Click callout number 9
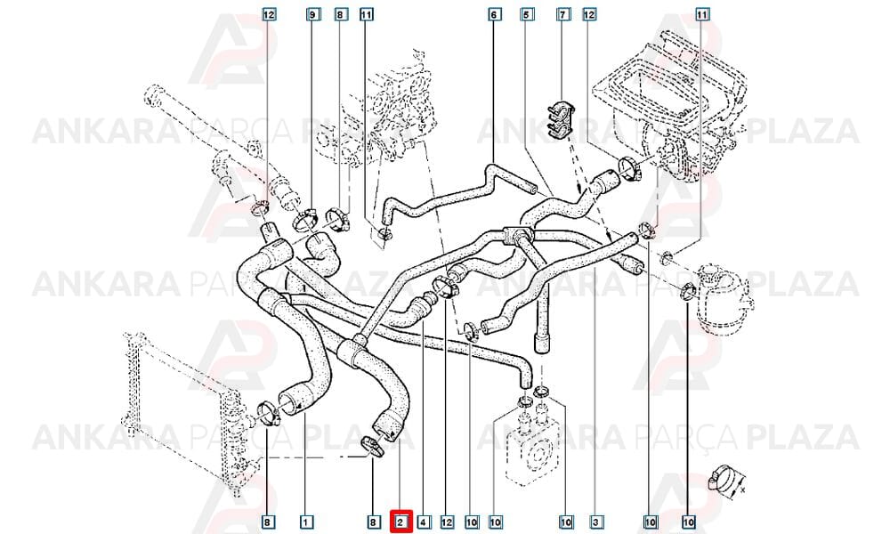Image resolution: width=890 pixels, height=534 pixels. tap(312, 14)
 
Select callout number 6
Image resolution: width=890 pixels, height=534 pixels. tap(494, 14)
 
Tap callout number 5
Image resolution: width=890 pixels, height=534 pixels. tap(527, 14)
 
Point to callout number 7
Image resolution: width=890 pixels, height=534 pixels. tap(562, 14)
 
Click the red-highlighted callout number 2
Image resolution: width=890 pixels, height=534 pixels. tap(400, 522)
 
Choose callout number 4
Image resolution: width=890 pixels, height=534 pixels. tap(424, 522)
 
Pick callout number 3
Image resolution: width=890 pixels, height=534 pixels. tap(595, 522)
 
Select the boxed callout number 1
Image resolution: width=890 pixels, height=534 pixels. tap(306, 522)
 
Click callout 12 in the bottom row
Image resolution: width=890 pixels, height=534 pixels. tap(448, 522)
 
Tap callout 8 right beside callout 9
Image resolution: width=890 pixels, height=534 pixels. tap(339, 14)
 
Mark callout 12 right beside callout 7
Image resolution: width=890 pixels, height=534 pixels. tap(589, 14)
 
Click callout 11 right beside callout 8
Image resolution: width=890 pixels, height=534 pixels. tap(367, 14)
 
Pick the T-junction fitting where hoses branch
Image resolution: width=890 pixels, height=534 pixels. tap(516, 234)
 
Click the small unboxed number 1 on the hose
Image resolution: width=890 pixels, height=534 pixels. tap(304, 288)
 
